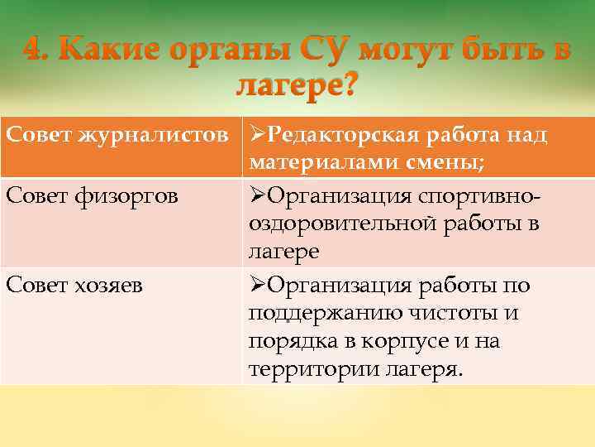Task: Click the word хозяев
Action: tap(112, 286)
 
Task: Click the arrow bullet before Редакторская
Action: tap(256, 135)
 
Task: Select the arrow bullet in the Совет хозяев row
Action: tap(256, 286)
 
